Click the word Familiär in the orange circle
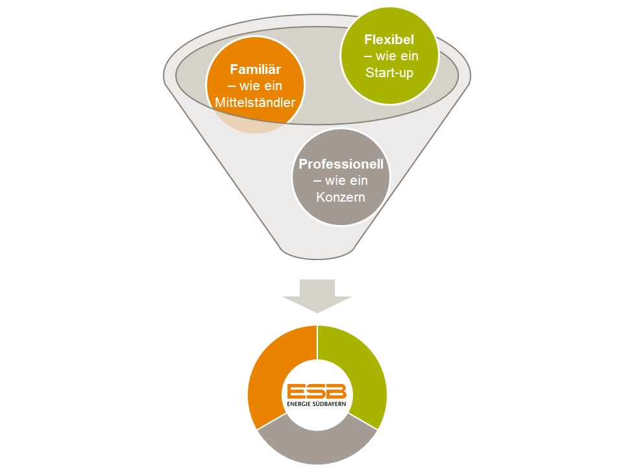point(255,69)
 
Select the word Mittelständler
point(255,102)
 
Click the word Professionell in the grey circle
point(341,163)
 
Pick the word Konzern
point(341,197)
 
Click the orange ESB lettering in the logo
point(317,391)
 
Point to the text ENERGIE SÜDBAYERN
point(317,404)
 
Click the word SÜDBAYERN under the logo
point(330,404)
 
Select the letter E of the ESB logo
point(297,391)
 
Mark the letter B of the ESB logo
point(337,391)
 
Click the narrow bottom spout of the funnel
point(317,249)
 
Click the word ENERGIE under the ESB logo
point(299,404)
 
